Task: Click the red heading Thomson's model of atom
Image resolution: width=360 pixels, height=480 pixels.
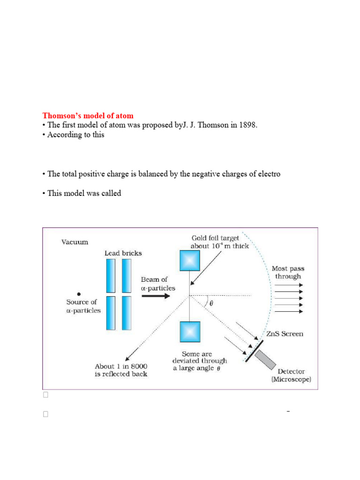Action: pyautogui.click(x=88, y=115)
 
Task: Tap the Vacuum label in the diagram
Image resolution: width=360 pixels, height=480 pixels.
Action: pyautogui.click(x=75, y=242)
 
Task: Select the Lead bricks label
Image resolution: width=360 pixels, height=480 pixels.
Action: pyautogui.click(x=123, y=253)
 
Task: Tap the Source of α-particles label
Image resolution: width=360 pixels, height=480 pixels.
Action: pyautogui.click(x=83, y=306)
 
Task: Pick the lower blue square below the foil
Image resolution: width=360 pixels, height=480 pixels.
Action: pyautogui.click(x=189, y=331)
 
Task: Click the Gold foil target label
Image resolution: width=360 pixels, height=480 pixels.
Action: pyautogui.click(x=215, y=238)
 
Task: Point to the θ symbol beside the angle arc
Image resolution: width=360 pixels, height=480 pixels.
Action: pyautogui.click(x=211, y=303)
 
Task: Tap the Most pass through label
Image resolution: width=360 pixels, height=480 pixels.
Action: pyautogui.click(x=287, y=272)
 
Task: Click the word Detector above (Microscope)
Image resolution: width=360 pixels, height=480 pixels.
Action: pyautogui.click(x=291, y=371)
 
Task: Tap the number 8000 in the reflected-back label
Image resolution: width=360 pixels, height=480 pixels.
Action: pyautogui.click(x=136, y=366)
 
